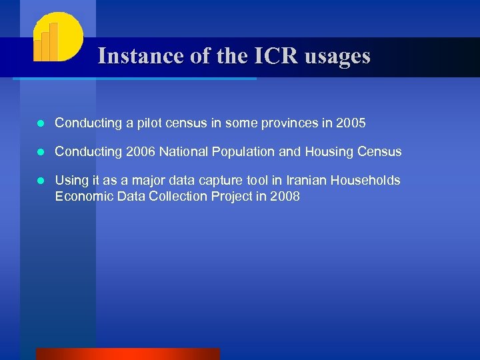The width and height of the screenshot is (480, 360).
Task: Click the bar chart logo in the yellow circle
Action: pyautogui.click(x=56, y=37)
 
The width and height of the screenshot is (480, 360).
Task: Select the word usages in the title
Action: pyautogui.click(x=337, y=56)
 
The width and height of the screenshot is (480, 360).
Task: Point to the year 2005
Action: pyautogui.click(x=351, y=123)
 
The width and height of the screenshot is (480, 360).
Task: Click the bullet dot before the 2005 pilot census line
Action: pyautogui.click(x=41, y=124)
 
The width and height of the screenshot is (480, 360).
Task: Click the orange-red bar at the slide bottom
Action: pyautogui.click(x=127, y=354)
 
